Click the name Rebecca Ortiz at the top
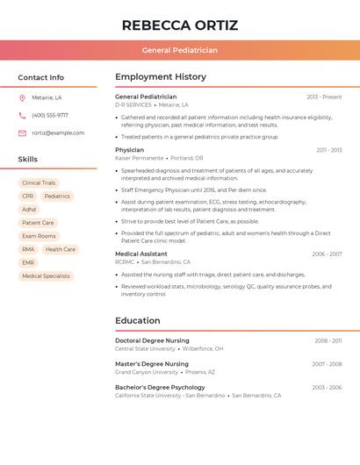(x=180, y=25)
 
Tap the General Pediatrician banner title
(x=180, y=50)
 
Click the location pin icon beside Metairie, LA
(x=22, y=98)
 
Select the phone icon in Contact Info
(x=22, y=116)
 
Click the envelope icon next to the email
(x=22, y=133)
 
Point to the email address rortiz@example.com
(x=58, y=133)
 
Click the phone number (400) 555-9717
(x=50, y=116)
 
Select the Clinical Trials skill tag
(x=39, y=183)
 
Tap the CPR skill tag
(x=28, y=197)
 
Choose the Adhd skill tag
(x=29, y=210)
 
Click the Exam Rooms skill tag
(x=39, y=236)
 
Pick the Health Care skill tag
(x=61, y=249)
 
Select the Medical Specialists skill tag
(x=46, y=275)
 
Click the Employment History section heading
(x=161, y=77)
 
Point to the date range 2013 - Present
(x=324, y=97)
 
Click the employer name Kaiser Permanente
(x=139, y=158)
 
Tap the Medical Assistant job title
(x=140, y=254)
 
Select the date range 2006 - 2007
(x=327, y=254)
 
